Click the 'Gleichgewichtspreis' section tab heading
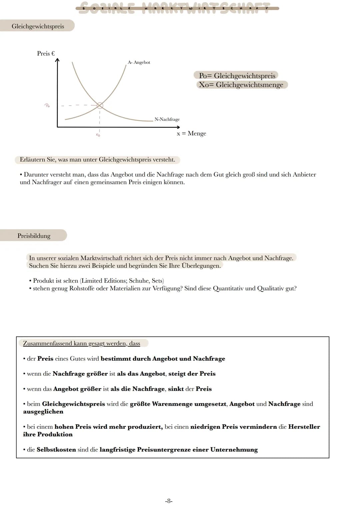pyautogui.click(x=38, y=26)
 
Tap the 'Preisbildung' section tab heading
pyautogui.click(x=34, y=236)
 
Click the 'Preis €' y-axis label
pyautogui.click(x=46, y=53)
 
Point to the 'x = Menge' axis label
pyautogui.click(x=191, y=133)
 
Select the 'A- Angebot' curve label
pyautogui.click(x=139, y=62)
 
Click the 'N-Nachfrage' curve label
pyautogui.click(x=167, y=119)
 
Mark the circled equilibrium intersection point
pyautogui.click(x=100, y=106)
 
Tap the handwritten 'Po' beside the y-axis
pyautogui.click(x=47, y=105)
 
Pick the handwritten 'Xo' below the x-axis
pyautogui.click(x=98, y=135)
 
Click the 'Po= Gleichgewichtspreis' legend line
pyautogui.click(x=237, y=76)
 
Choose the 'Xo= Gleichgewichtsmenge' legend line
pyautogui.click(x=241, y=85)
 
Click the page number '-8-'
pyautogui.click(x=169, y=501)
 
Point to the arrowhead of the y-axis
pyautogui.click(x=58, y=60)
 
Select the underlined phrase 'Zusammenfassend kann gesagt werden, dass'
pyautogui.click(x=81, y=343)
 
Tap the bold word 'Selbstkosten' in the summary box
pyautogui.click(x=56, y=449)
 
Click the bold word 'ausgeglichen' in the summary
pyautogui.click(x=43, y=412)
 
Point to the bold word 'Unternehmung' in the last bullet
pyautogui.click(x=234, y=449)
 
